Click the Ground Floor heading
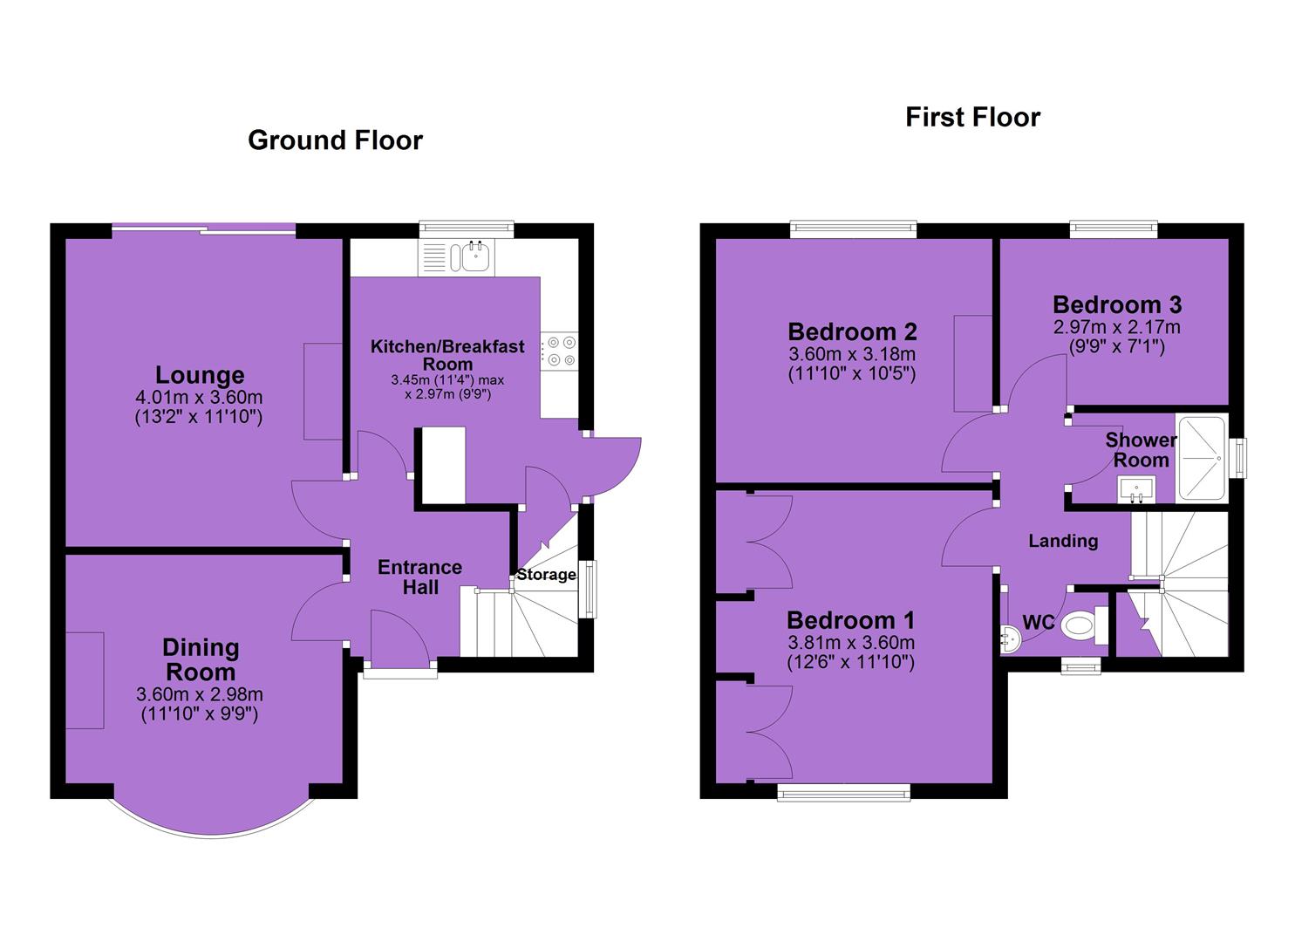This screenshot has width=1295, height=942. point(336,140)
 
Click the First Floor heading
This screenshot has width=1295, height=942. point(973,118)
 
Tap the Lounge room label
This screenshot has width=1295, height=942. point(200,375)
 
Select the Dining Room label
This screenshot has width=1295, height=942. point(201,659)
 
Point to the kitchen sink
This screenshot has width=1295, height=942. point(476,255)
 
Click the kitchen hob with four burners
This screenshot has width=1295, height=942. point(559,351)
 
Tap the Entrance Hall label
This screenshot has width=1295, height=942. point(420,577)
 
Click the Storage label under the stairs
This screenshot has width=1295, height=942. point(546,574)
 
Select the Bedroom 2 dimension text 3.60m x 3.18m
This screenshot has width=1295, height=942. point(852,354)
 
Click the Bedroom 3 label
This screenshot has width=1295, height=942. point(1117,304)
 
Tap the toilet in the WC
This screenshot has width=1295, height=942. point(1085,625)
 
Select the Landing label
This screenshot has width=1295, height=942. point(1063,541)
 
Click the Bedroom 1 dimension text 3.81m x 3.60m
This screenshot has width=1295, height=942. point(851,643)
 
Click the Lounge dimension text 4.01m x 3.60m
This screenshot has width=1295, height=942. point(199,398)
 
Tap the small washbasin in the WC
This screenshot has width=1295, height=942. point(1011,638)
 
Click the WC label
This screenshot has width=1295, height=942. point(1039,623)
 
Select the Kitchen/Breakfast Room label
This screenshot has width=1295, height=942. point(447,355)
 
